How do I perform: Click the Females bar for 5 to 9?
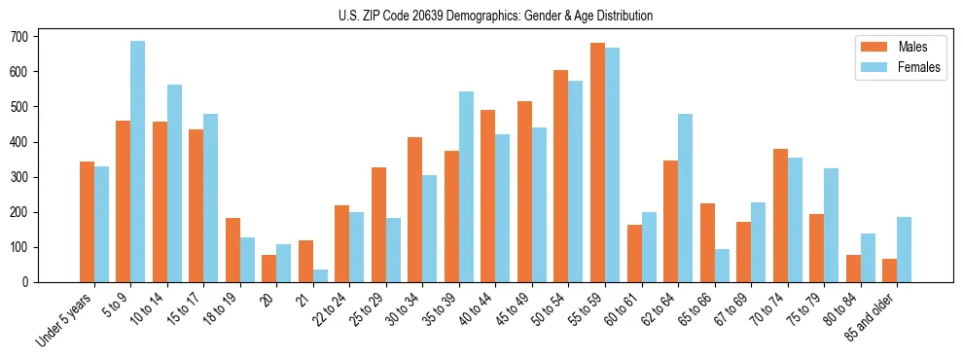(138, 162)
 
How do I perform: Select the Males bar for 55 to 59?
(597, 162)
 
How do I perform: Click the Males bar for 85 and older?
(889, 270)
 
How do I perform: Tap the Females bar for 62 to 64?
(686, 198)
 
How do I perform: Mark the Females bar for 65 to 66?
(722, 266)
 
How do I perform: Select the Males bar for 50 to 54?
(561, 176)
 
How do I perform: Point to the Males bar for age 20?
(268, 269)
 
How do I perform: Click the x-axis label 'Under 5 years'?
(66, 318)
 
